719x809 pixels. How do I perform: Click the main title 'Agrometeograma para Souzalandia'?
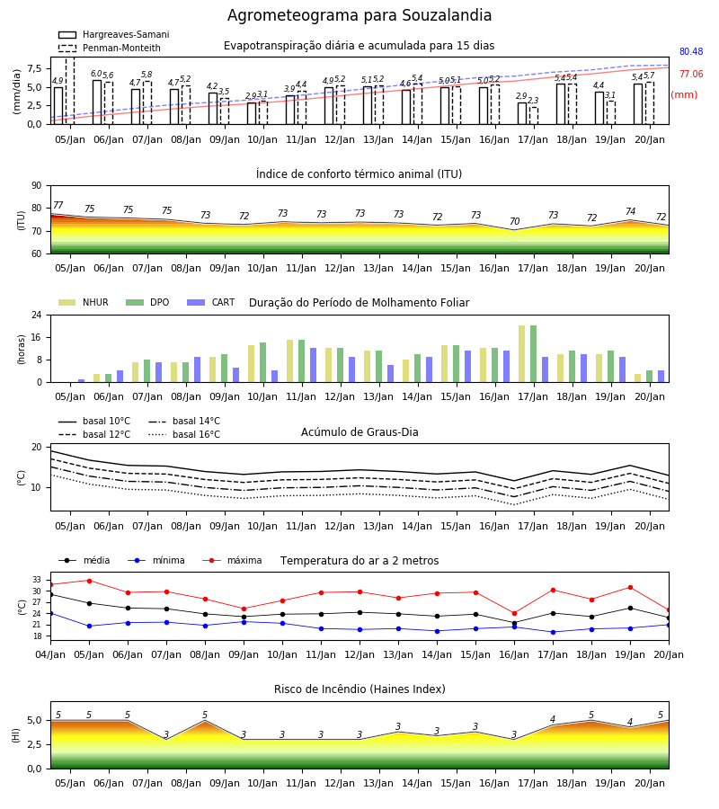coord(359,15)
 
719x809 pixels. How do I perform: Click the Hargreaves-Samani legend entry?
coord(114,34)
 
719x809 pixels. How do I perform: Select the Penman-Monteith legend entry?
coord(110,48)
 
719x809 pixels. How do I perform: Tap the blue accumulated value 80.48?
coord(691,51)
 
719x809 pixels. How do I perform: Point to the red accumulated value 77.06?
coord(691,75)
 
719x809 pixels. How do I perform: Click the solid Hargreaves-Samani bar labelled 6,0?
coord(97,102)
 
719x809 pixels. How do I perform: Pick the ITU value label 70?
coord(514,221)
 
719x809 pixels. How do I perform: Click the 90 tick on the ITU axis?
coord(37,186)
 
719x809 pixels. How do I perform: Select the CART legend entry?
coord(211,302)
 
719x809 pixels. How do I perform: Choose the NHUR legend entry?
coord(84,302)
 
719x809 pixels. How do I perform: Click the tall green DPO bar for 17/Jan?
coord(533,354)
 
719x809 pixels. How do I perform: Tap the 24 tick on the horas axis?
coord(37,315)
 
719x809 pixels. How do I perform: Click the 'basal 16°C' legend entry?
coord(184,434)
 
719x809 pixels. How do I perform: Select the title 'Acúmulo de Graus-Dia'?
coord(359,432)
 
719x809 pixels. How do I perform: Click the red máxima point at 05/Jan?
coord(89,581)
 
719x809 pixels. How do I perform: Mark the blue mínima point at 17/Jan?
coord(553,632)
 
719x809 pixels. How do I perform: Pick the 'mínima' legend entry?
coord(156,560)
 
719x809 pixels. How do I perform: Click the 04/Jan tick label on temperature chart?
coord(50,654)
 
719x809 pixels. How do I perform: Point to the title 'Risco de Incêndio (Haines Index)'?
coord(359,689)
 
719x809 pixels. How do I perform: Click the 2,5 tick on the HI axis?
coord(34,744)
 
